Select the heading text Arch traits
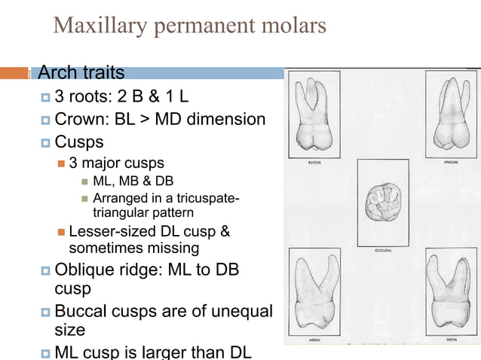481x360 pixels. [81, 73]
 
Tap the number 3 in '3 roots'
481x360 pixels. [60, 97]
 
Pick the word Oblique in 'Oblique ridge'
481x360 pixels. [84, 269]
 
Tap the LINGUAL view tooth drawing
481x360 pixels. [449, 113]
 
